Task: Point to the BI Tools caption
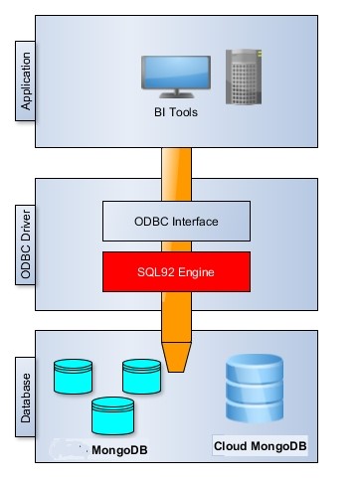176,112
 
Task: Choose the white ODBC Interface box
176,222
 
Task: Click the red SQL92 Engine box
176,269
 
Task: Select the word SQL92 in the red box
155,269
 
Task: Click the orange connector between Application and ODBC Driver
176,164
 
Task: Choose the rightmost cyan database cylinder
141,376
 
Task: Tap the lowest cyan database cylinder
110,415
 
